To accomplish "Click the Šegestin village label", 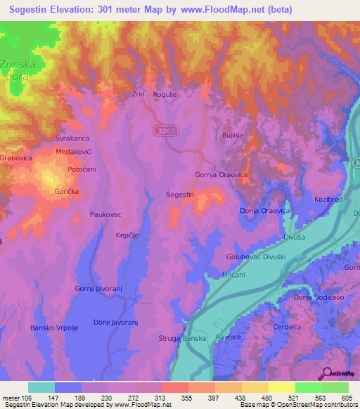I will click(180, 193).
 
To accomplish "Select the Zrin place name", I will click(138, 94).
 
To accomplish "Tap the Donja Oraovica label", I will click(265, 211).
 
